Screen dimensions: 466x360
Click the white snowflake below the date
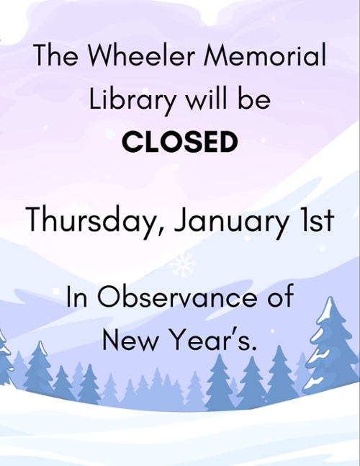(183, 264)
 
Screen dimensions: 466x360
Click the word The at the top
(55, 55)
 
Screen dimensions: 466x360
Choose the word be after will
(256, 99)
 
